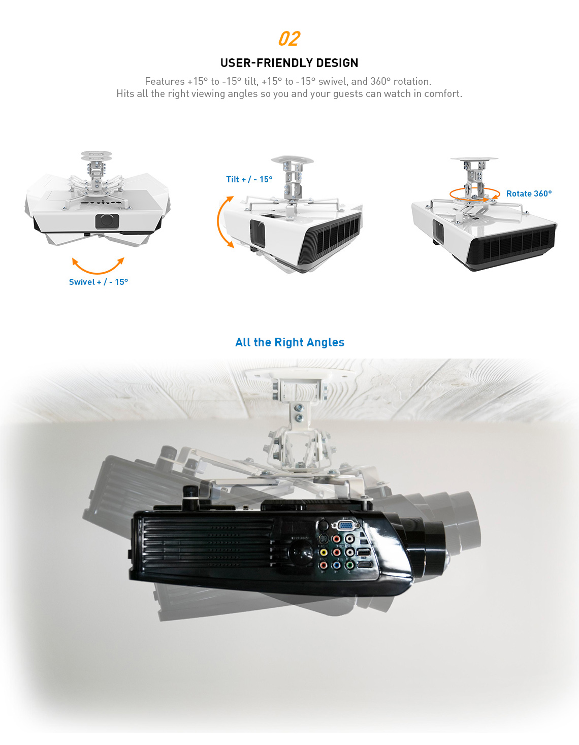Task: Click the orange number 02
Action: (x=289, y=39)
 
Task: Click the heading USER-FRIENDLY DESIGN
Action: (x=289, y=63)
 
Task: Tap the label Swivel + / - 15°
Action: (x=99, y=282)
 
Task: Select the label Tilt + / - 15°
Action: (x=249, y=179)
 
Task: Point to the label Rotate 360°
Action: (x=529, y=193)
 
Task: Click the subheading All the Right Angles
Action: (x=289, y=342)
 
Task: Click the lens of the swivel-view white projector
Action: (x=107, y=221)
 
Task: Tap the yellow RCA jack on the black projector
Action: (x=323, y=553)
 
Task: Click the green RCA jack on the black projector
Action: (x=349, y=564)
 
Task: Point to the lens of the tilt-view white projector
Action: (x=258, y=234)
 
